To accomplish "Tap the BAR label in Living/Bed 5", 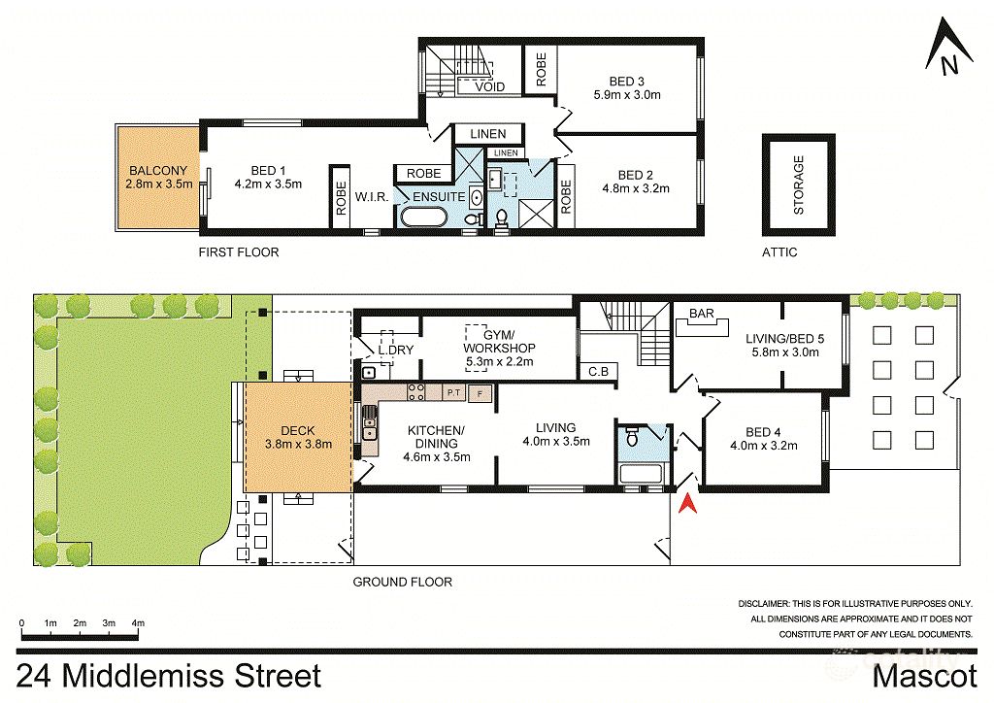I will (702, 314).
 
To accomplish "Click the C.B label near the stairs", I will (598, 372).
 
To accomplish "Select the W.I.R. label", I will (372, 196).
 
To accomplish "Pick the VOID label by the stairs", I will (489, 87).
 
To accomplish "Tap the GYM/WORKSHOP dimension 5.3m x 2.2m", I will (500, 362).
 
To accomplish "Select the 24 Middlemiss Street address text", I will (168, 676).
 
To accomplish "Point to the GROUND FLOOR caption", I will (402, 583).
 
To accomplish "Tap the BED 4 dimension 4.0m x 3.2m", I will (764, 447).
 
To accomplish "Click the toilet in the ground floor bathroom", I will (633, 438).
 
